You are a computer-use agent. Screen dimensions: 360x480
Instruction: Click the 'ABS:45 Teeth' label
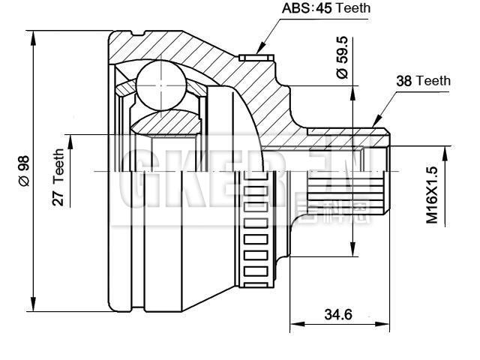pyautogui.click(x=326, y=9)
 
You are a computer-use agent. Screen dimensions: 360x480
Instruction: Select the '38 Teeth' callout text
pyautogui.click(x=423, y=80)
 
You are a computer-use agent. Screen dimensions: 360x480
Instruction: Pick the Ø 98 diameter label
pyautogui.click(x=22, y=171)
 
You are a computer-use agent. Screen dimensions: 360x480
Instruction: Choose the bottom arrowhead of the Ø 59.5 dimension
pyautogui.click(x=352, y=253)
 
